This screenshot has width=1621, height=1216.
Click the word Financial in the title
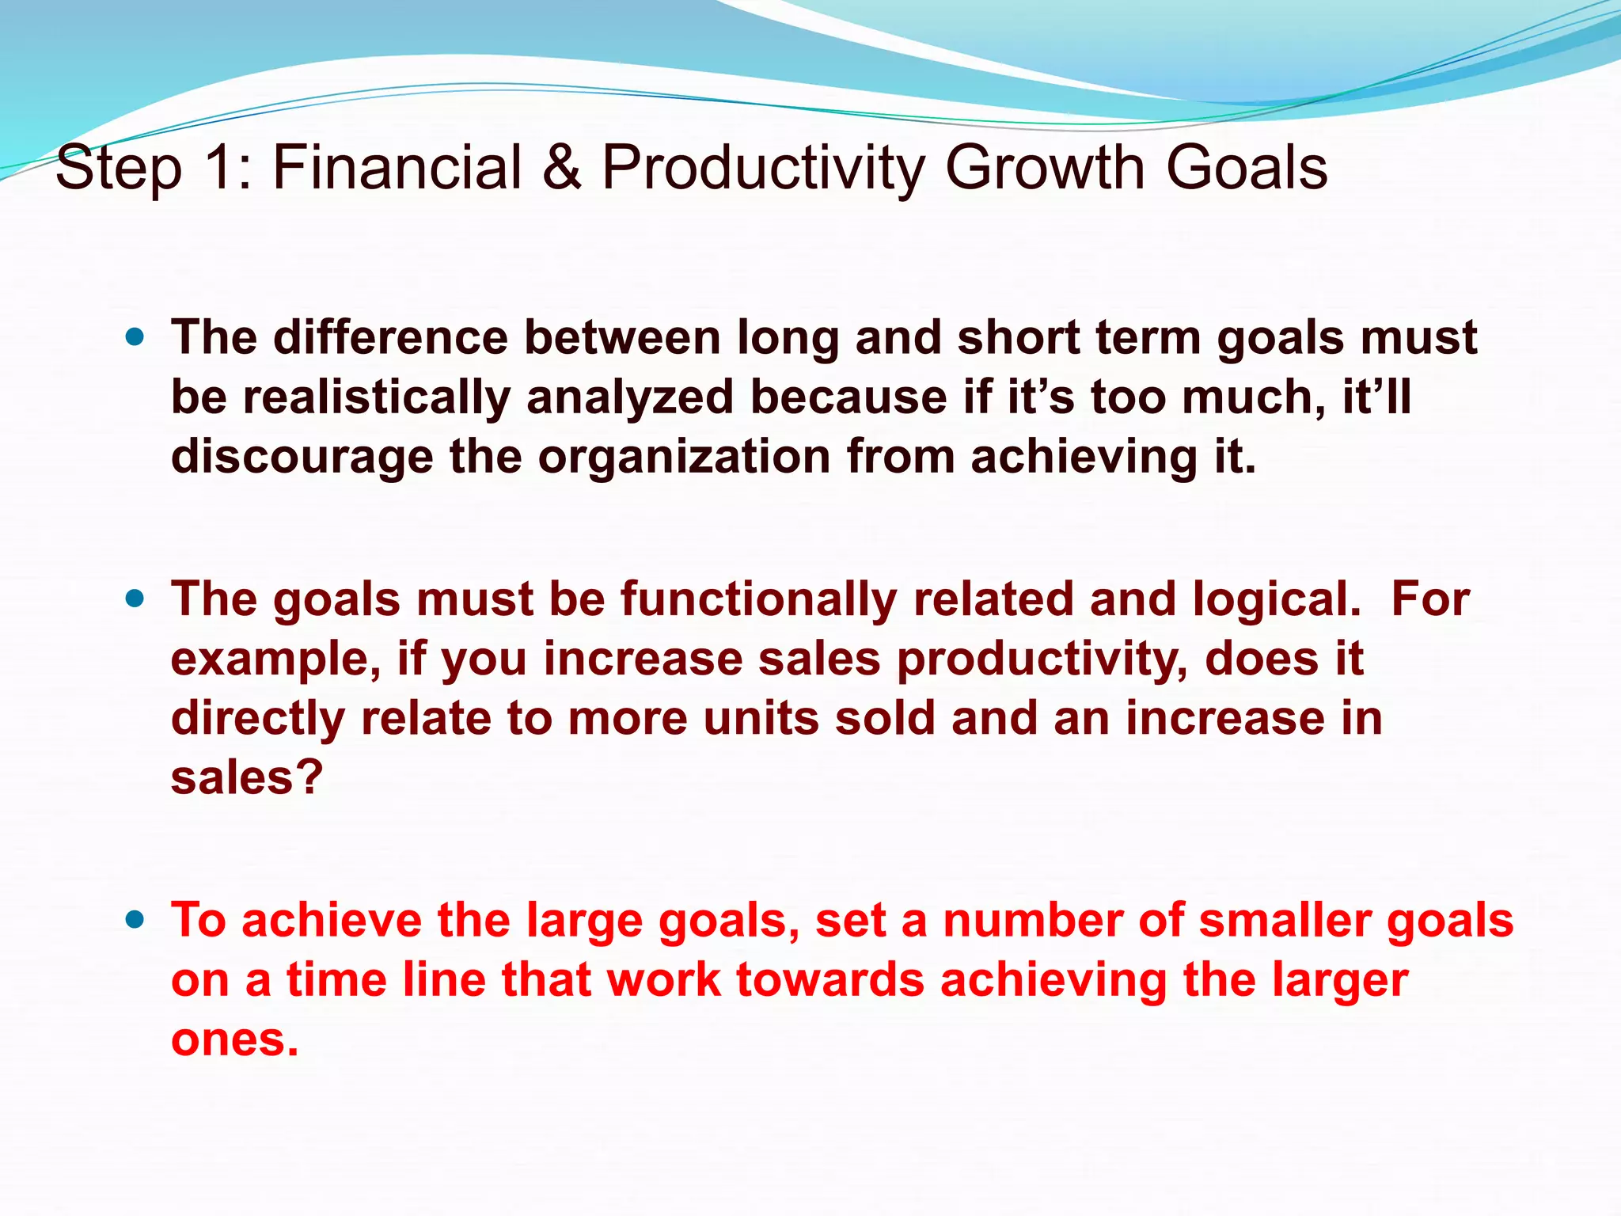[397, 168]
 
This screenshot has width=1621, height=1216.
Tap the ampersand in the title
[562, 168]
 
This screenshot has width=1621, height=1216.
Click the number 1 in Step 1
[219, 168]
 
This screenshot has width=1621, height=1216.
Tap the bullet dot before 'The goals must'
[135, 599]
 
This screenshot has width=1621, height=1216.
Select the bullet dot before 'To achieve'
[135, 920]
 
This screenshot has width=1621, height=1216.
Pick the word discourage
[302, 457]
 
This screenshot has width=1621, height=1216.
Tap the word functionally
[757, 599]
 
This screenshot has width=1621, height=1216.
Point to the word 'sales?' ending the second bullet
[247, 777]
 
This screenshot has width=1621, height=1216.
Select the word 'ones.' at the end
[234, 1039]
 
